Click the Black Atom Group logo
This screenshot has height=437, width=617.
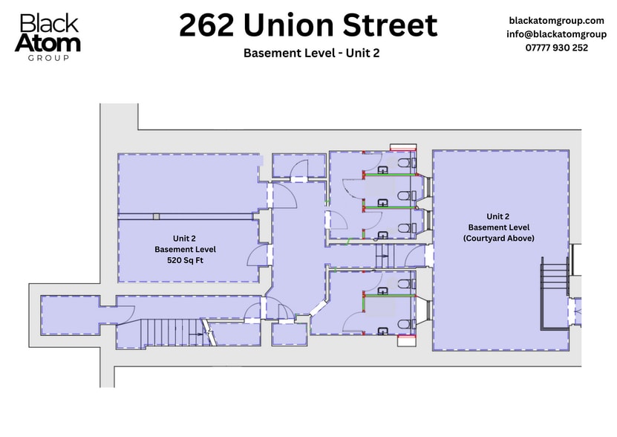click(49, 36)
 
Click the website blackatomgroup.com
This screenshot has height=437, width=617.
click(556, 21)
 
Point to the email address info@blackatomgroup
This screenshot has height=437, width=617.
click(556, 34)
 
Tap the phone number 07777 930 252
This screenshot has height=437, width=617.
click(557, 48)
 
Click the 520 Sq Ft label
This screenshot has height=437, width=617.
click(185, 261)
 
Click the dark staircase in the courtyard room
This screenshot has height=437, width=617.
click(552, 293)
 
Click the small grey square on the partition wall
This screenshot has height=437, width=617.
click(156, 216)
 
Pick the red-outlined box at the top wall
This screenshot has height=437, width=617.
click(403, 147)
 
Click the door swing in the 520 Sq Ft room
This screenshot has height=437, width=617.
click(256, 256)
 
